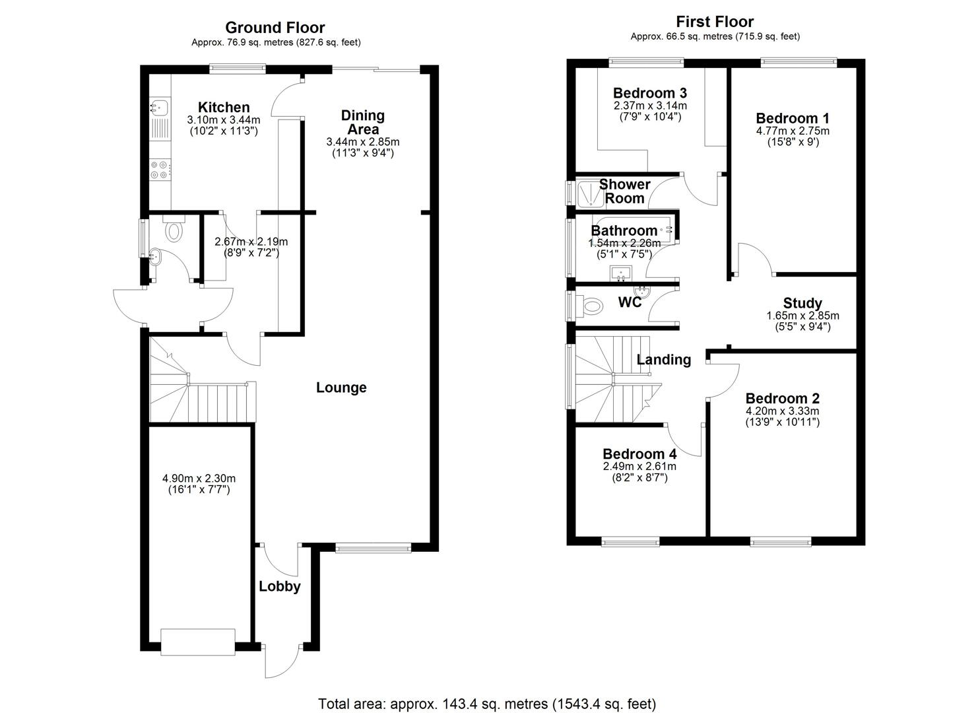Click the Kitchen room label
pyautogui.click(x=224, y=108)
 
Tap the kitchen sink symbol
pyautogui.click(x=159, y=107)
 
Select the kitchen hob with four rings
pyautogui.click(x=160, y=170)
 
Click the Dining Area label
pyautogui.click(x=362, y=122)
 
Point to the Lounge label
pyautogui.click(x=341, y=388)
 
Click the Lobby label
pyautogui.click(x=279, y=586)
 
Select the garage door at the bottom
pyautogui.click(x=198, y=642)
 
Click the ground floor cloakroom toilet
pyautogui.click(x=174, y=230)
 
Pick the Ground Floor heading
pyautogui.click(x=275, y=28)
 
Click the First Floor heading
pyautogui.click(x=715, y=22)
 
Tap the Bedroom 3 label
pyautogui.click(x=650, y=93)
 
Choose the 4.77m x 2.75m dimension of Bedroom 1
pyautogui.click(x=793, y=131)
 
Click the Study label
pyautogui.click(x=802, y=304)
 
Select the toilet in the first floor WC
pyautogui.click(x=592, y=306)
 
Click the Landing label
pyautogui.click(x=663, y=360)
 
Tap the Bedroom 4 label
pyautogui.click(x=639, y=454)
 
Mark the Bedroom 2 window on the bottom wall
pyautogui.click(x=780, y=542)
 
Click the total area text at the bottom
pyautogui.click(x=487, y=703)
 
